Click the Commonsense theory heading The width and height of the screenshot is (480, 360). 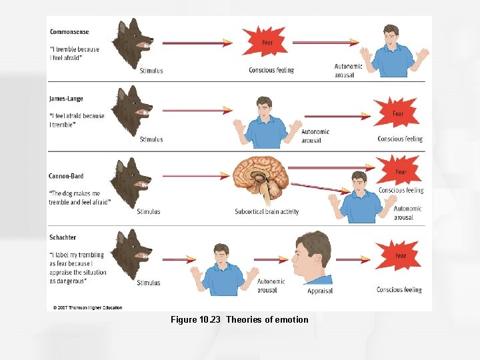pyautogui.click(x=69, y=32)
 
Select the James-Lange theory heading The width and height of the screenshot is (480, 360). pyautogui.click(x=66, y=99)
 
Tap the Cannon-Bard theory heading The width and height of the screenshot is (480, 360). pyautogui.click(x=66, y=176)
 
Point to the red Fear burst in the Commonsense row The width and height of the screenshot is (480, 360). pyautogui.click(x=266, y=42)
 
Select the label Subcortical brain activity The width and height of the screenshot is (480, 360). pyautogui.click(x=267, y=212)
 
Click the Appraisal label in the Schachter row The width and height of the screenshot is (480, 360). pyautogui.click(x=320, y=291)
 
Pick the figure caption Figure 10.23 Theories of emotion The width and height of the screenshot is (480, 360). pyautogui.click(x=239, y=320)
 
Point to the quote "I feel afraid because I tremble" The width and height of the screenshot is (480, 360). pyautogui.click(x=77, y=120)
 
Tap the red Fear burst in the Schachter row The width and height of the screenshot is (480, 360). pyautogui.click(x=399, y=256)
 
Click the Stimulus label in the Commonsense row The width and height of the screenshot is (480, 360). pyautogui.click(x=151, y=71)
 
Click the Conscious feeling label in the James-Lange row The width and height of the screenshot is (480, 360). pyautogui.click(x=400, y=139)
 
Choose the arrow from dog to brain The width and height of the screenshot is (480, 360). pyautogui.click(x=196, y=177)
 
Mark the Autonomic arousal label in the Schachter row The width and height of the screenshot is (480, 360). pyautogui.click(x=271, y=285)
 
